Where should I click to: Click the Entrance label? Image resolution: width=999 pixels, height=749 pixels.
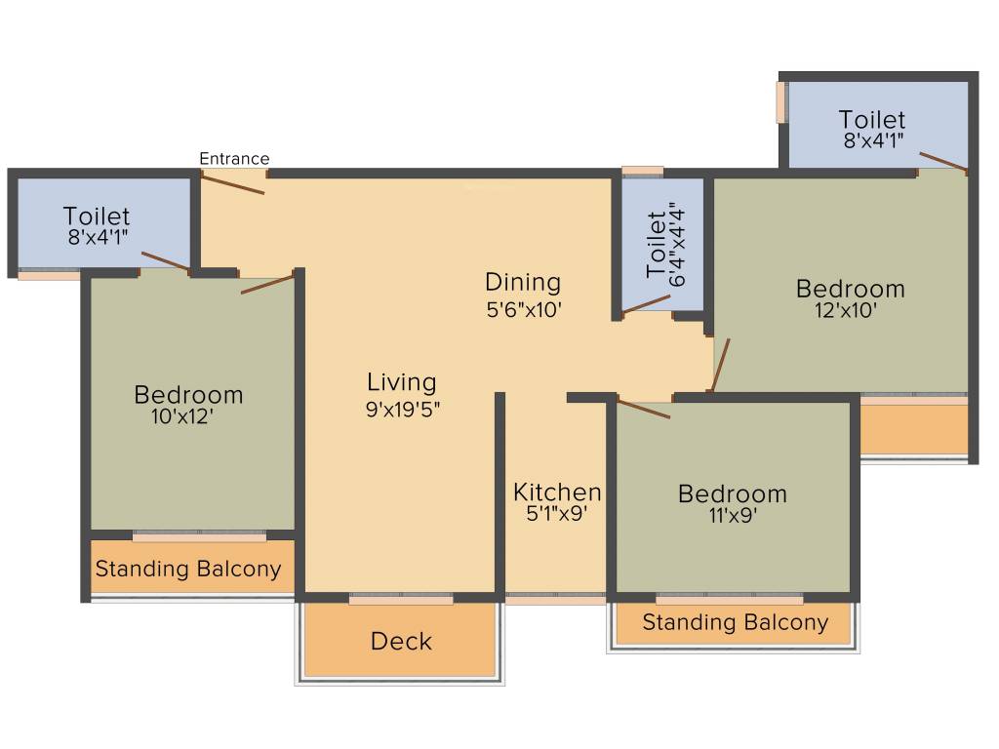pos(234,159)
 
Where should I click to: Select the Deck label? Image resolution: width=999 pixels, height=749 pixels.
pos(401,642)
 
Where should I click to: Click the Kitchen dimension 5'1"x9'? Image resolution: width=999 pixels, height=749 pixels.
pos(556,514)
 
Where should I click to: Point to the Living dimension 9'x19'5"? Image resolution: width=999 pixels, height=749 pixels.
pos(403,411)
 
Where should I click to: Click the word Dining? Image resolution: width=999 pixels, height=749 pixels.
pos(523,283)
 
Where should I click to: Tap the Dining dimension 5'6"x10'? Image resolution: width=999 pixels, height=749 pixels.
pos(523,310)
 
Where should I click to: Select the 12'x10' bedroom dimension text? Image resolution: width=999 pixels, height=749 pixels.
pos(845,312)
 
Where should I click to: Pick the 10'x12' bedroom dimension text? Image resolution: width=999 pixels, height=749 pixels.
pos(180,417)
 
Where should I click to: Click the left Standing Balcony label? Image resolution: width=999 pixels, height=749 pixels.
pos(188,570)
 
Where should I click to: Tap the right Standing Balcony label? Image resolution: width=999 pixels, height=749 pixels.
pos(735,622)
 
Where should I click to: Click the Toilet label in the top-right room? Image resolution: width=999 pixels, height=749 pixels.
pos(872,120)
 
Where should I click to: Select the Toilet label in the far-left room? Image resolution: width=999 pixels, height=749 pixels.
pos(97,216)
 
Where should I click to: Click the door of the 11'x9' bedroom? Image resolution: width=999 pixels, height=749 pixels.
pos(644,410)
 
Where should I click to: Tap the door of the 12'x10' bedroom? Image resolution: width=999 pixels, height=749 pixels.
pos(719,365)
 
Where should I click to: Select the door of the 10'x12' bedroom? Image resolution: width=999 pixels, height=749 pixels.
pos(267,284)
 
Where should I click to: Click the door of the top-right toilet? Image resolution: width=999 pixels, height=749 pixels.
pos(942,162)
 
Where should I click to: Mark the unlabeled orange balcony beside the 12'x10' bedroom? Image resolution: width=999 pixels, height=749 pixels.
pos(913,429)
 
